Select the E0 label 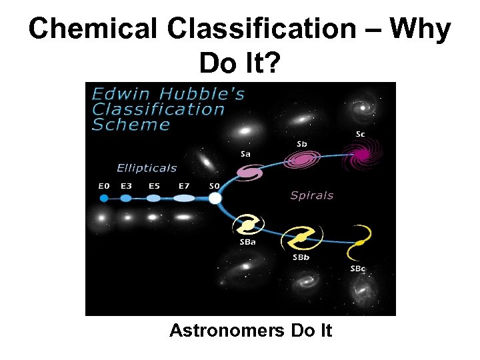click(104, 186)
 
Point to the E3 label click(126, 186)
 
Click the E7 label click(185, 186)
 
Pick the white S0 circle click(215, 198)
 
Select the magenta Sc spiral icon click(361, 155)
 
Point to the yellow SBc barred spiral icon click(359, 243)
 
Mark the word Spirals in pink click(311, 195)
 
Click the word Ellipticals click(147, 168)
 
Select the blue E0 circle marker click(104, 198)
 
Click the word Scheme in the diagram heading click(131, 125)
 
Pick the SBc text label click(358, 269)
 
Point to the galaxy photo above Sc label click(365, 107)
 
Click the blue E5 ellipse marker click(154, 198)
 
